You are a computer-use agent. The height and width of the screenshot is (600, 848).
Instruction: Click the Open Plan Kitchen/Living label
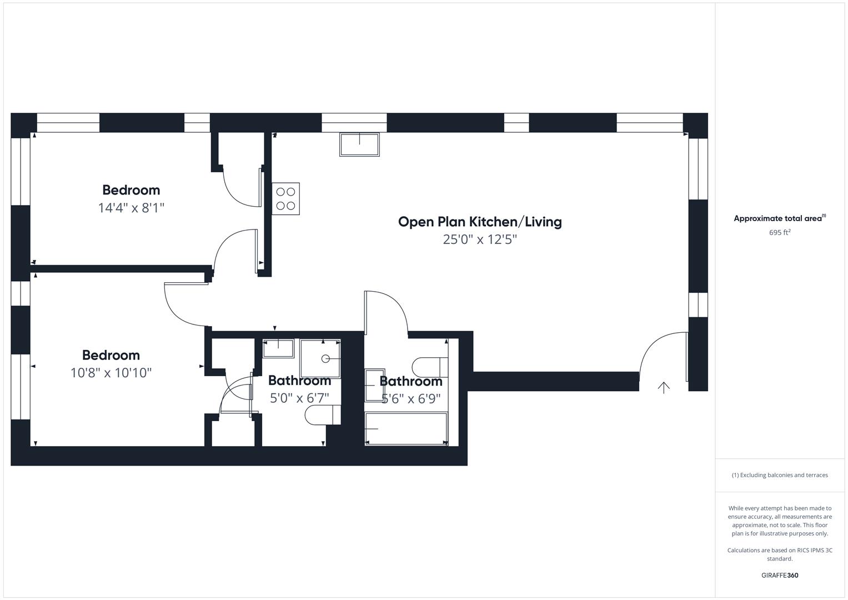pyautogui.click(x=480, y=222)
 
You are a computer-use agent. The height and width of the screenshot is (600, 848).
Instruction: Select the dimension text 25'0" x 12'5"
pyautogui.click(x=480, y=239)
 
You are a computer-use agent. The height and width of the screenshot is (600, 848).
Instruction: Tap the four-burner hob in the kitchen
pyautogui.click(x=285, y=199)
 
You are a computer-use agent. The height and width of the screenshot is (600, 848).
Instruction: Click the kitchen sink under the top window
pyautogui.click(x=359, y=144)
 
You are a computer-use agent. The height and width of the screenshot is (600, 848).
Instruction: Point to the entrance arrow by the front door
pyautogui.click(x=663, y=387)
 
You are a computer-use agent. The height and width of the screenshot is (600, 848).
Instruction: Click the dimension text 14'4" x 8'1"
pyautogui.click(x=131, y=208)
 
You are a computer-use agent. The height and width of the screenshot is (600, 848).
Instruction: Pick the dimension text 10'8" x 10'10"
pyautogui.click(x=111, y=373)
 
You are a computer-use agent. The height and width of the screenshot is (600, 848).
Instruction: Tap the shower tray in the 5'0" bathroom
pyautogui.click(x=320, y=358)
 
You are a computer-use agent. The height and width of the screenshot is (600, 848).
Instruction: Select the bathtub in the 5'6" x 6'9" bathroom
pyautogui.click(x=406, y=428)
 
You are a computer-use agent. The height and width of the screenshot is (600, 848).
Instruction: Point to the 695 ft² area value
pyautogui.click(x=779, y=233)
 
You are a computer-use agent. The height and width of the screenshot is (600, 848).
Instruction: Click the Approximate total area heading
pyautogui.click(x=779, y=218)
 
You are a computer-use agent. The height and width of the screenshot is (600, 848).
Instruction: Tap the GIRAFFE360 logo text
pyautogui.click(x=779, y=575)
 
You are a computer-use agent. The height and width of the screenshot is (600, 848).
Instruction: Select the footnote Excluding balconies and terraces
pyautogui.click(x=779, y=475)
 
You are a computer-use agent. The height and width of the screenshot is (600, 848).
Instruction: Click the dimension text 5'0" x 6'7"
pyautogui.click(x=299, y=398)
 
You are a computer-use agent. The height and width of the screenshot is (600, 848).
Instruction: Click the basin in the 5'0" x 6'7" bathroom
pyautogui.click(x=278, y=348)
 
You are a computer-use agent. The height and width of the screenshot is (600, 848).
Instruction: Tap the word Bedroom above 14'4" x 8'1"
pyautogui.click(x=131, y=190)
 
